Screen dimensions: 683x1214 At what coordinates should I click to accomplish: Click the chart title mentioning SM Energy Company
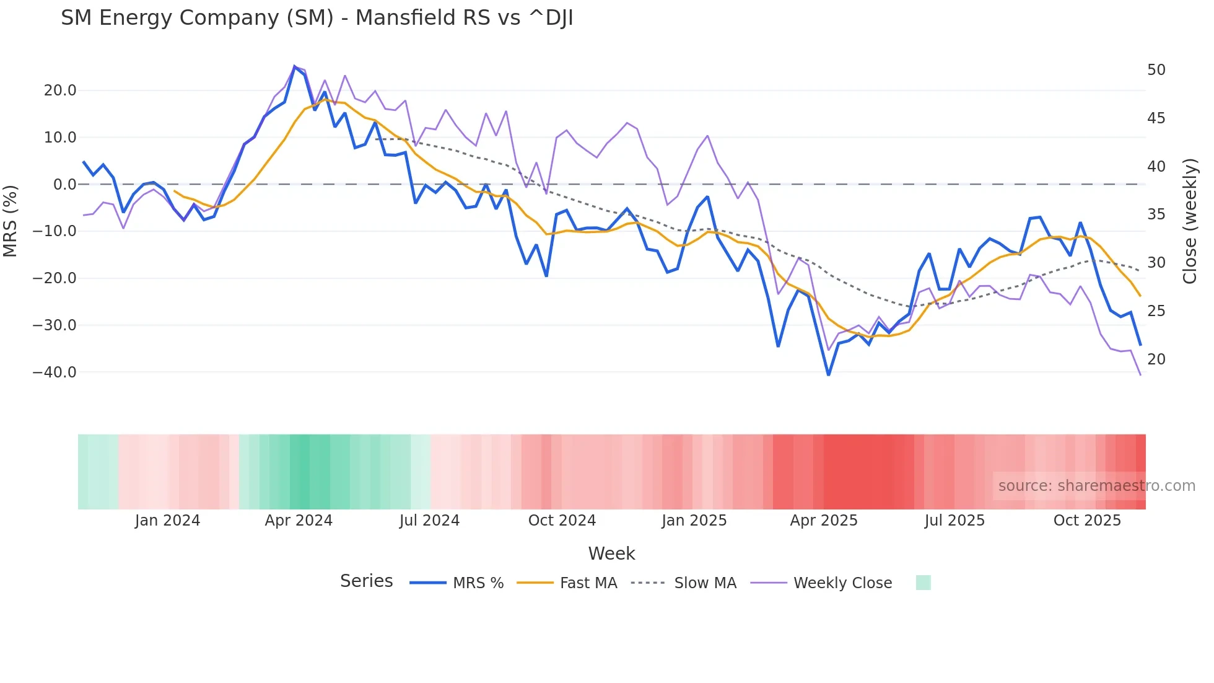coord(317,18)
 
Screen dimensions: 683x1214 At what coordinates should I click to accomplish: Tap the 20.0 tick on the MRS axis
coord(60,90)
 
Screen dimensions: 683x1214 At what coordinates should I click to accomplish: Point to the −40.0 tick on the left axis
coord(55,372)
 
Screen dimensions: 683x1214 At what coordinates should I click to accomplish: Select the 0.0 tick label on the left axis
coord(65,185)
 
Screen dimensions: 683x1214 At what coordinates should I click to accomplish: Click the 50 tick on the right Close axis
coord(1156,70)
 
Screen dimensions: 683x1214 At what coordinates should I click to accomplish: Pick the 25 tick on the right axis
coord(1156,311)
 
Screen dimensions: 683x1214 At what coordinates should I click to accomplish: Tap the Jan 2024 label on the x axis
coord(167,521)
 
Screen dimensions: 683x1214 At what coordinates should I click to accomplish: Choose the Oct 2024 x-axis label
coord(562,521)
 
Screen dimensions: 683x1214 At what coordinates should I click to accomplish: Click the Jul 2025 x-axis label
coord(954,521)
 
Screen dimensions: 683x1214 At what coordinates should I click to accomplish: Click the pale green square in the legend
coord(923,583)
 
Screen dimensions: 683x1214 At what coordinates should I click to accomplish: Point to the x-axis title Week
coord(611,553)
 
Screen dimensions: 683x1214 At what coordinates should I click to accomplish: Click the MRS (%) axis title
coord(11,221)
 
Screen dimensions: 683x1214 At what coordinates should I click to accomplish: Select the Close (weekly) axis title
coord(1189,221)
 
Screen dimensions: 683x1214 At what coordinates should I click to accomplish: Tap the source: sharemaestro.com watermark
coord(1096,486)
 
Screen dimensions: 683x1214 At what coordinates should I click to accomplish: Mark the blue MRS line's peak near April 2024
coord(295,66)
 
